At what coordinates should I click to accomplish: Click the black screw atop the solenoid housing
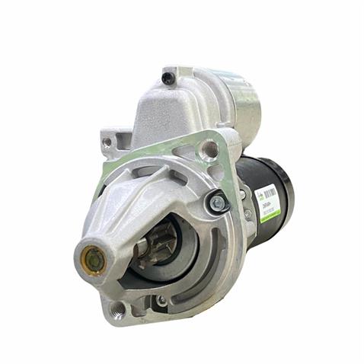(x=168, y=78)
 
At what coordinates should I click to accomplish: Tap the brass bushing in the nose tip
(x=92, y=260)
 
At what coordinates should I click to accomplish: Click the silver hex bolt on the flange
(x=217, y=203)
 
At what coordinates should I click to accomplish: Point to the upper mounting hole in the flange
(x=208, y=149)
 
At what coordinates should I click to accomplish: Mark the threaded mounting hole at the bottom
(x=117, y=308)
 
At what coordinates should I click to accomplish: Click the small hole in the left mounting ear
(x=107, y=142)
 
